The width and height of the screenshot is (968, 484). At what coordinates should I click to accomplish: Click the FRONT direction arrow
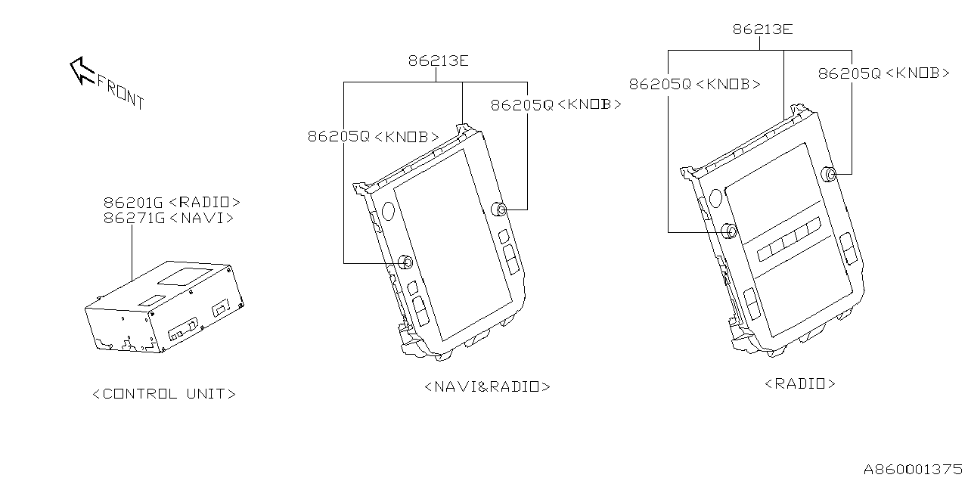click(80, 71)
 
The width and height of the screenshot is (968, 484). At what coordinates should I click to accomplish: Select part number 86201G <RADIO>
click(172, 202)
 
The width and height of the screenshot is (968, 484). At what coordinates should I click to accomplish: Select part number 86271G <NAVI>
click(168, 218)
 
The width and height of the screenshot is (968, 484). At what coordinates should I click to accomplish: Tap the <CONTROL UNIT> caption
click(163, 394)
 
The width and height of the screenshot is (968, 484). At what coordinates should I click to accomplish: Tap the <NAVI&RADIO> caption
click(487, 386)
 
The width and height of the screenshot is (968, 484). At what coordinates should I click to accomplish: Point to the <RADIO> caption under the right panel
click(800, 383)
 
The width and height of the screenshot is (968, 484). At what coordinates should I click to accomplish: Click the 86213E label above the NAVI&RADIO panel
click(438, 60)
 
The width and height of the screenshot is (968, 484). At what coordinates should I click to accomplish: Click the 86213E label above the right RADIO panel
click(762, 29)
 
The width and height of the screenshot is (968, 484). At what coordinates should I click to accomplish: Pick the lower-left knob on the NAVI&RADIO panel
click(405, 262)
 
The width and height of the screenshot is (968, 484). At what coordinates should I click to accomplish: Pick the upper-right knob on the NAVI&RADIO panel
click(501, 209)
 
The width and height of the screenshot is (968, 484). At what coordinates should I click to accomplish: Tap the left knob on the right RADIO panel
click(729, 231)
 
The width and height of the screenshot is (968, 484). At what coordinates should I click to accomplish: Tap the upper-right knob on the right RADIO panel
click(830, 175)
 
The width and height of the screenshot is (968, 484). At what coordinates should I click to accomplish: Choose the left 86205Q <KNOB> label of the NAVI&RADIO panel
click(373, 137)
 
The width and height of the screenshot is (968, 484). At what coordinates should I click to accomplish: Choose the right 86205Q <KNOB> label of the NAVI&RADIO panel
click(556, 105)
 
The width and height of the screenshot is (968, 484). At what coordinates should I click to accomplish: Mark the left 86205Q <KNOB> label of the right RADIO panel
click(694, 85)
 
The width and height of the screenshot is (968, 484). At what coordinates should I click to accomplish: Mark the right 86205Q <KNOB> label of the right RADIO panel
click(883, 73)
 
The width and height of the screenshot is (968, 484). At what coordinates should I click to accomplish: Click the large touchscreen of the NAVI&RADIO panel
click(450, 242)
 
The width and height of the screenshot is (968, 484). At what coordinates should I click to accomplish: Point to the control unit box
click(163, 306)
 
